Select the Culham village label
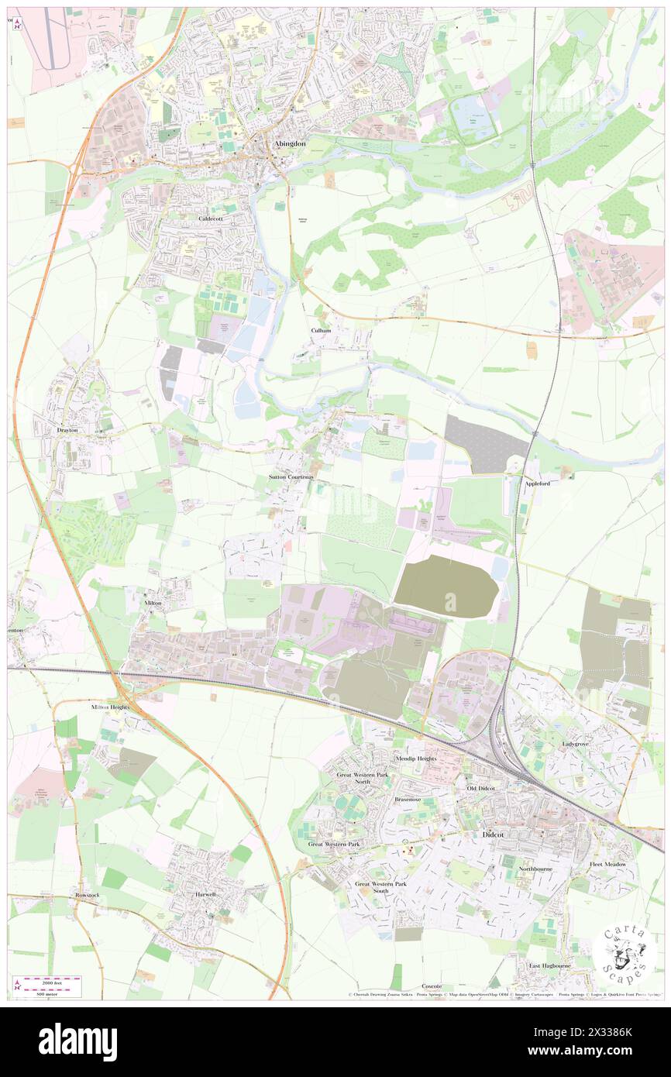[321, 330]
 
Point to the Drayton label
[67, 429]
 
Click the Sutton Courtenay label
[292, 477]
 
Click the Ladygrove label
[580, 744]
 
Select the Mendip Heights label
[416, 759]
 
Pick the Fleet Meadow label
[607, 864]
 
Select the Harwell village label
[205, 893]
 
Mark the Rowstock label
[87, 895]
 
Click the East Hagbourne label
[551, 966]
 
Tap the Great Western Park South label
[380, 887]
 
